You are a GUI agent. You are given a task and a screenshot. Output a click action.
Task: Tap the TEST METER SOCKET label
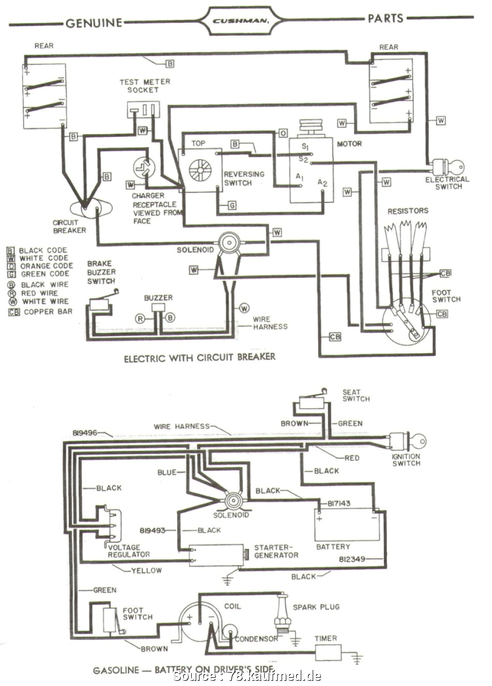tap(144, 86)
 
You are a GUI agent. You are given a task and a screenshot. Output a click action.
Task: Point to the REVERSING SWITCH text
tap(244, 178)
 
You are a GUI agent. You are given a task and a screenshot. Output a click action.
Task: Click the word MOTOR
tap(350, 143)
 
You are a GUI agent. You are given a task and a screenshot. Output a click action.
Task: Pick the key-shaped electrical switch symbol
tap(450, 167)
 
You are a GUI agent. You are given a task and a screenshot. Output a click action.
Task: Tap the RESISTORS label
tap(408, 211)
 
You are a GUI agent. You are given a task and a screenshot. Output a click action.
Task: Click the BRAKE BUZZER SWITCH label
tap(101, 272)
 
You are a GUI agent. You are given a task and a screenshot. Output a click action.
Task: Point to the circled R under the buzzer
tap(140, 319)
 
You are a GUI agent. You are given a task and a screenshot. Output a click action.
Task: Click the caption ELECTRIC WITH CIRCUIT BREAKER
tap(199, 357)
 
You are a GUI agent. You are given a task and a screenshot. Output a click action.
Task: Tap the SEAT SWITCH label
tap(356, 395)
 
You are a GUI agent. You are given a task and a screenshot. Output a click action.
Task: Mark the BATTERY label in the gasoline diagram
tap(333, 546)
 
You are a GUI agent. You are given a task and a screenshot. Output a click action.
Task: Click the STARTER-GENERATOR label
tap(276, 551)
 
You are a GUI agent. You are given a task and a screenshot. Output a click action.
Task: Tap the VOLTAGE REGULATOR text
tap(128, 551)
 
